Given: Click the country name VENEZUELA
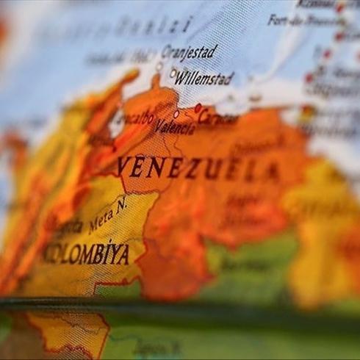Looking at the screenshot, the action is tap(198, 168).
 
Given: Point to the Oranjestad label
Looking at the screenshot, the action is tap(190, 52).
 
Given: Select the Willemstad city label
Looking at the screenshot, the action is tap(204, 77).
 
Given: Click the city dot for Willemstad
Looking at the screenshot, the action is tap(173, 73).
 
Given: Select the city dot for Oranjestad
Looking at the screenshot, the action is tap(159, 65).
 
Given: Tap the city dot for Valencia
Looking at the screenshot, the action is tap(176, 114).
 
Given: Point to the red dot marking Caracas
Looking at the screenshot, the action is tap(198, 107).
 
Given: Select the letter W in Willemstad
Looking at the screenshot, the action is tap(181, 77).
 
